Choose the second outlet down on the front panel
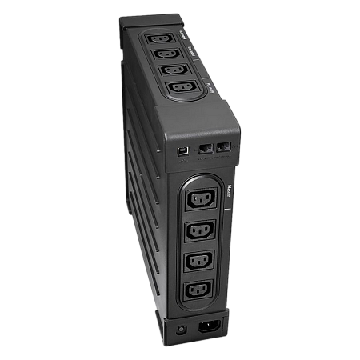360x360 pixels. [x=200, y=230]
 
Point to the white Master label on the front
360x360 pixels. [x=228, y=193]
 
